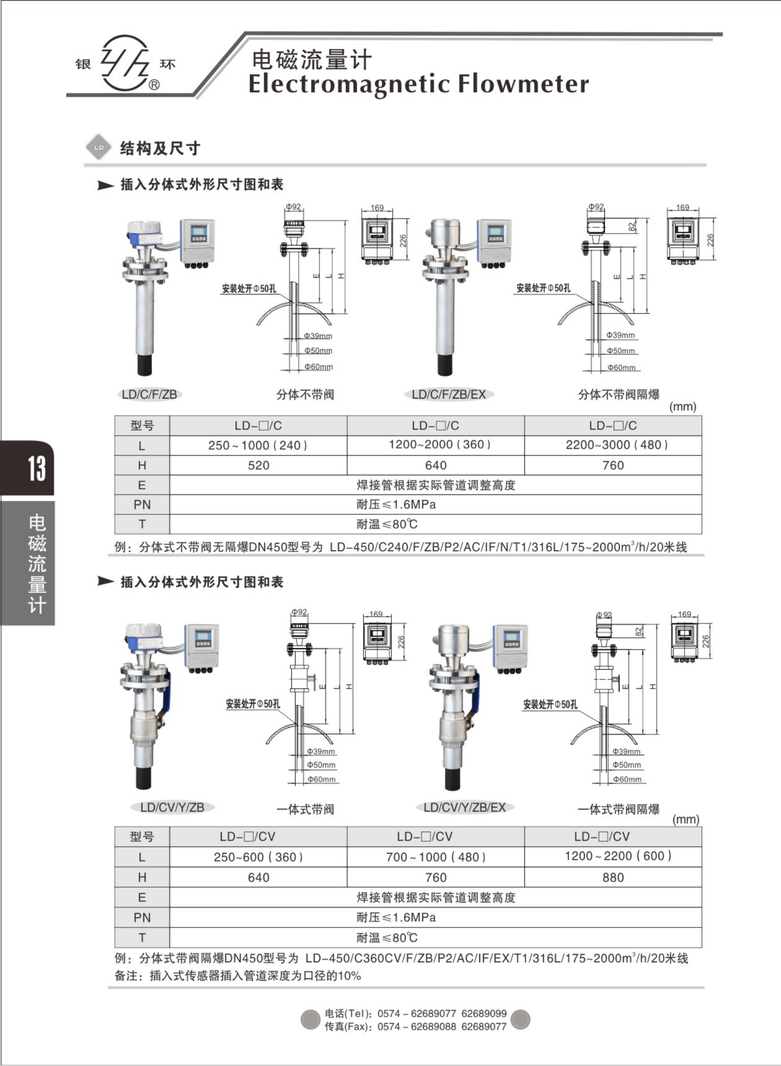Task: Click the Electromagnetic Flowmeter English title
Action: click(418, 84)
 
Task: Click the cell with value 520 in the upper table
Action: click(258, 466)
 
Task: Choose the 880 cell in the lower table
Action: click(613, 878)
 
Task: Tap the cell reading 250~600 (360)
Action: click(258, 858)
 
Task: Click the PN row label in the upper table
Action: click(142, 505)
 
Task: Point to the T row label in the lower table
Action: click(142, 938)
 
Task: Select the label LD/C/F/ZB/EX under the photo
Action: click(449, 394)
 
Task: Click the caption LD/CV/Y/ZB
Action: click(172, 807)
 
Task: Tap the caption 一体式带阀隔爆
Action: click(618, 810)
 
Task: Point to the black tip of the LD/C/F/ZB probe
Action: click(144, 364)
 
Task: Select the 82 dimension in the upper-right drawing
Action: click(632, 227)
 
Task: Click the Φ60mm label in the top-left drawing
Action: click(318, 367)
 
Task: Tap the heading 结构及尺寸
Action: click(160, 148)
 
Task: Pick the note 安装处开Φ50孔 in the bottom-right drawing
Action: click(550, 705)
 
